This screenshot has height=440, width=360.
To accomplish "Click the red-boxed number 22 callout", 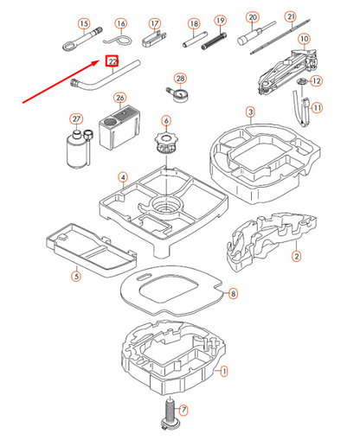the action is pos(112,61).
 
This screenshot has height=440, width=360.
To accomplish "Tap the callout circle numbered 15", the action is pos(84,23).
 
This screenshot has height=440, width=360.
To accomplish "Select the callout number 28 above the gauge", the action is pos(181,78).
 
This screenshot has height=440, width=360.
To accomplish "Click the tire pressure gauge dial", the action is pos(182,95).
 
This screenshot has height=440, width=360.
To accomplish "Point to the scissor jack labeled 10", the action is pos(287,71).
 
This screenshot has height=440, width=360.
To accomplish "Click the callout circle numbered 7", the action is pos(183,410).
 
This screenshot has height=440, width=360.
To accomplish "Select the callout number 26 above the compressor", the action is pos(120,98).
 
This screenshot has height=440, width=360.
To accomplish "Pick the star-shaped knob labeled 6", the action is pos(166,142).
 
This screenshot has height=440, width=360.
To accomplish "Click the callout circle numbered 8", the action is pos(233,294).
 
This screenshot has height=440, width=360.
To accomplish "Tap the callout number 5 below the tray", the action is pos(76,277).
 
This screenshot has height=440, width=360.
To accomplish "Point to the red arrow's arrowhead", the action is pos(96,62).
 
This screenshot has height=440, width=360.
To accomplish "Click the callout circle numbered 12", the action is pos(317,81).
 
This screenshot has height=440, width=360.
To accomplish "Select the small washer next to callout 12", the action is pos(302,81).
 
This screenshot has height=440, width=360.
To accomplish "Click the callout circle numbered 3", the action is pos(250,112).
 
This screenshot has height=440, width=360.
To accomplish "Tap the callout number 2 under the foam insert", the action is pos(296,256).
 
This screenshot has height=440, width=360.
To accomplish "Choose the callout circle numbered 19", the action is pos(221,21).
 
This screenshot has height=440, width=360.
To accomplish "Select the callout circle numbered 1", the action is pos(224,371).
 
